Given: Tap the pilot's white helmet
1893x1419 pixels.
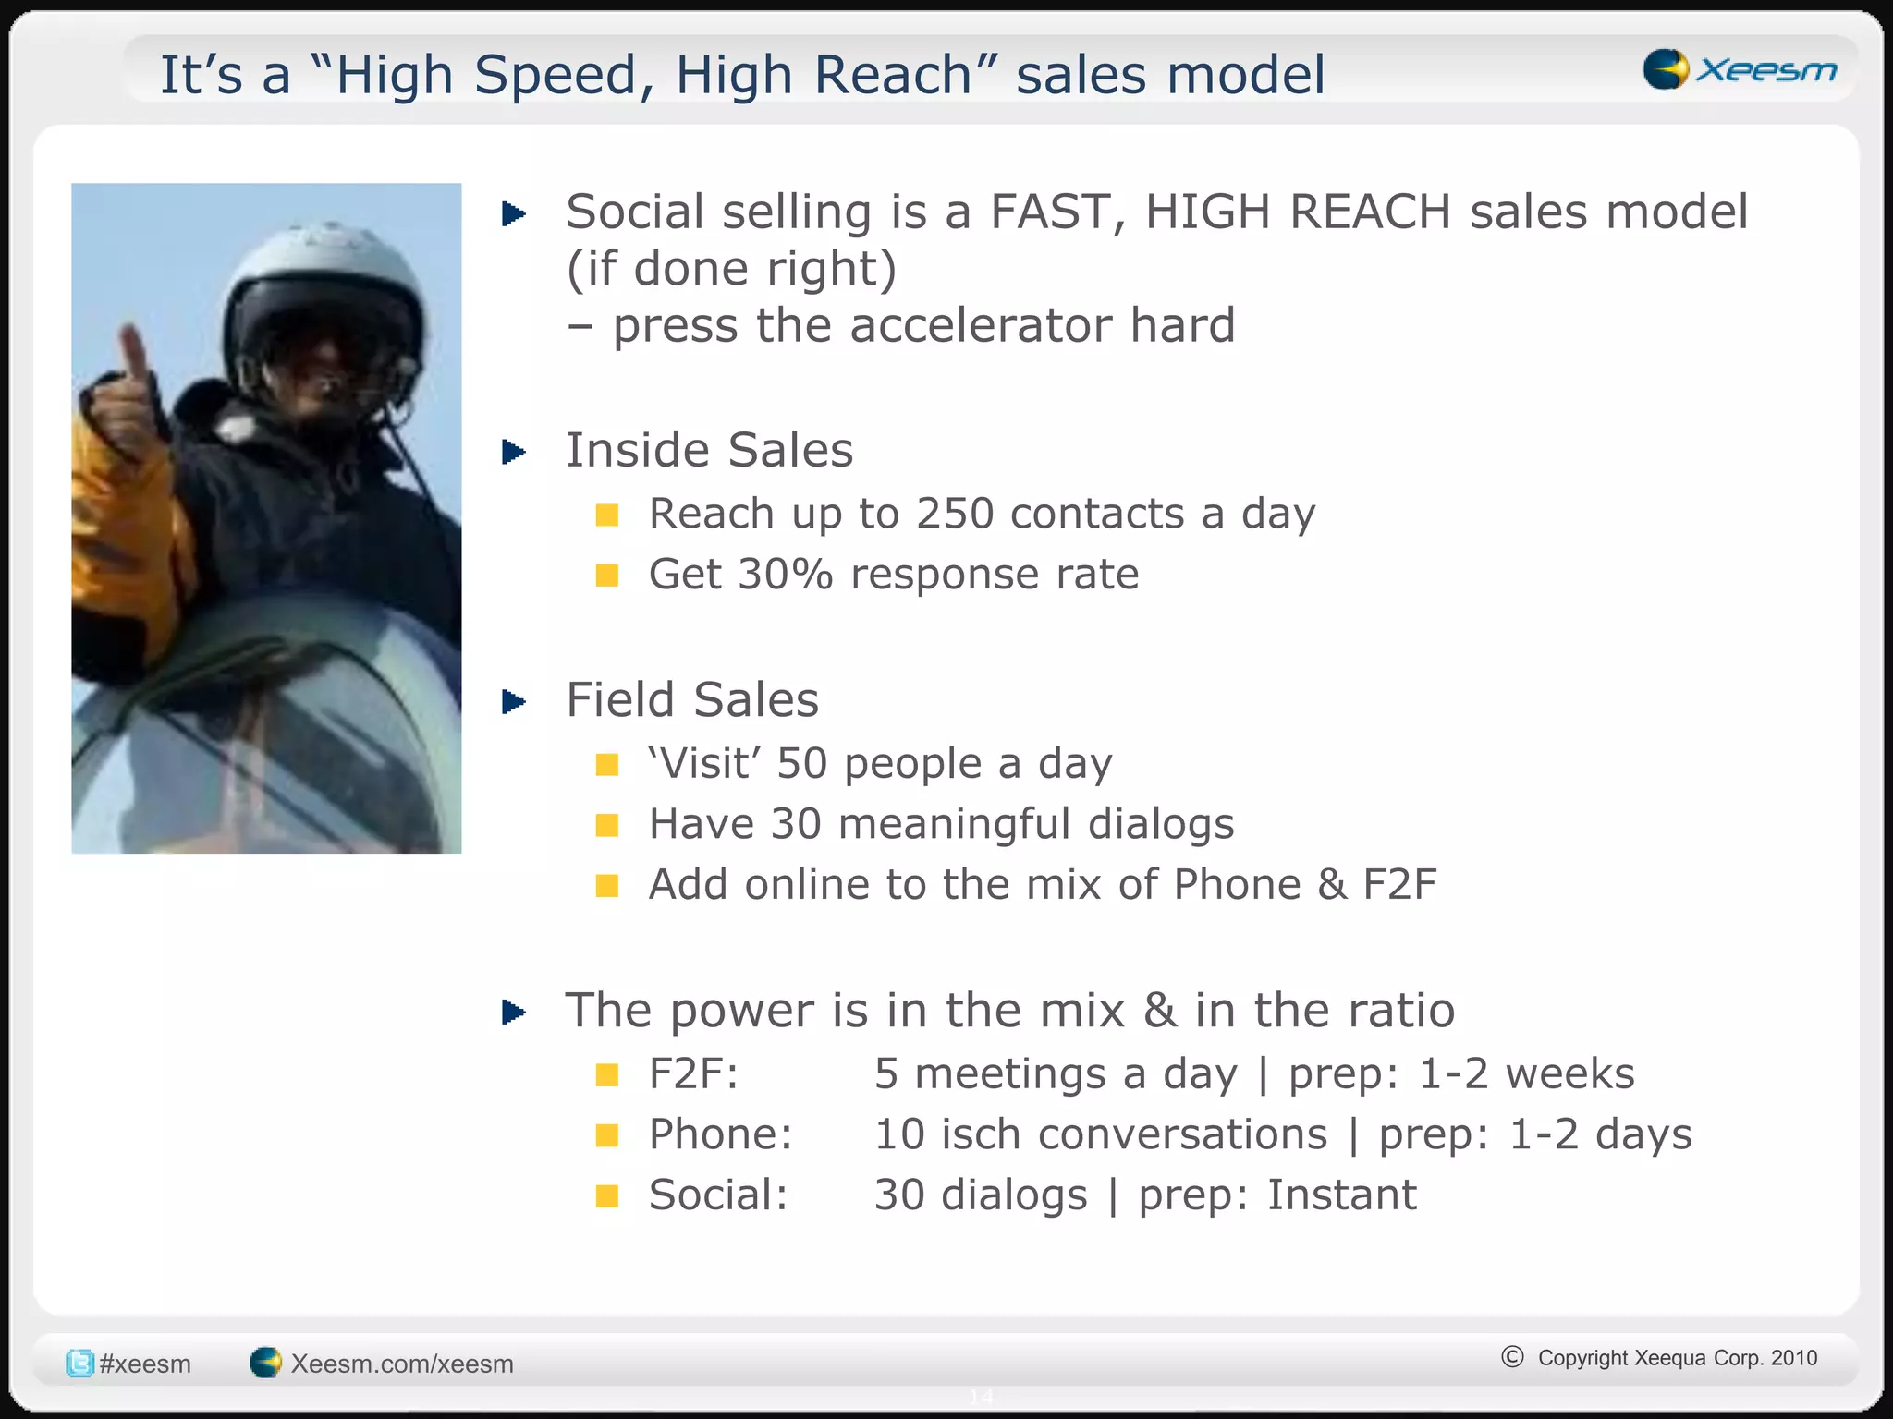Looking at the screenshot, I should [324, 277].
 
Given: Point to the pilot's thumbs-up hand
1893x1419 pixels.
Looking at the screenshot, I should [125, 397].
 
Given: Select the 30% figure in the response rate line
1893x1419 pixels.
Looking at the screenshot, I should [786, 575].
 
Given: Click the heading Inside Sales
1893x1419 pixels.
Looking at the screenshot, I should [709, 451].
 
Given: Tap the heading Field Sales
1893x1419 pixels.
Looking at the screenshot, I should [691, 700].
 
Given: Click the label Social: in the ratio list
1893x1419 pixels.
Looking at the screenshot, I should [718, 1195].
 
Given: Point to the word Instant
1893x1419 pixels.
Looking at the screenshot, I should [1341, 1195].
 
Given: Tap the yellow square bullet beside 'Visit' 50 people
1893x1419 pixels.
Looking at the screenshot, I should [607, 764].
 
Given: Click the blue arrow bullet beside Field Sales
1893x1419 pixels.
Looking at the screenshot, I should [514, 702].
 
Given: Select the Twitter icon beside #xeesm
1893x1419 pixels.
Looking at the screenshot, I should [79, 1364].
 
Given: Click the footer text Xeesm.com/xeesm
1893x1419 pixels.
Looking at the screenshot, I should [401, 1364].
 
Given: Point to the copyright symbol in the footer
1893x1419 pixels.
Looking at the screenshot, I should [1512, 1356].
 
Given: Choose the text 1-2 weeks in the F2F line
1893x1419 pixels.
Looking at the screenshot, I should [1526, 1073].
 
